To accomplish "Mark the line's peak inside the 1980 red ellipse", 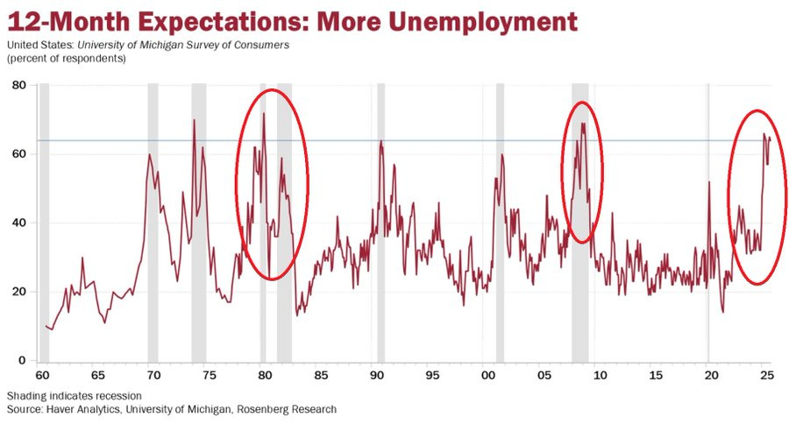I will click(x=263, y=113).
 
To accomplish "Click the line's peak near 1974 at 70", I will click(x=194, y=120).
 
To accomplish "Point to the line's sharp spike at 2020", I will click(x=708, y=182).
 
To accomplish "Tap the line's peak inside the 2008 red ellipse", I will click(x=582, y=124).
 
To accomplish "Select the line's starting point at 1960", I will click(x=46, y=326).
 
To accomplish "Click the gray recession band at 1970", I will click(x=153, y=219).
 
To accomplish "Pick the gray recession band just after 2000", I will click(x=500, y=219).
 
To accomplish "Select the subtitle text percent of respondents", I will click(x=66, y=59).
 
